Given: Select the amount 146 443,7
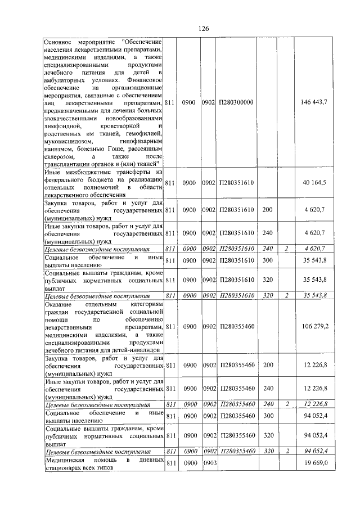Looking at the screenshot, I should (x=322, y=102).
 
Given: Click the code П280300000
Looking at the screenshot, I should (x=237, y=102).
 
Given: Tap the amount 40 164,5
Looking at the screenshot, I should (x=324, y=183).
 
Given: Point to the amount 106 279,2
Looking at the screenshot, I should (x=322, y=326).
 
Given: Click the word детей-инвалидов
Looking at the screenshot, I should (x=138, y=349).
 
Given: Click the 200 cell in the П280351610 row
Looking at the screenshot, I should (x=268, y=209).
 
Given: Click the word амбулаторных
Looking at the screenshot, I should (x=65, y=80).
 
